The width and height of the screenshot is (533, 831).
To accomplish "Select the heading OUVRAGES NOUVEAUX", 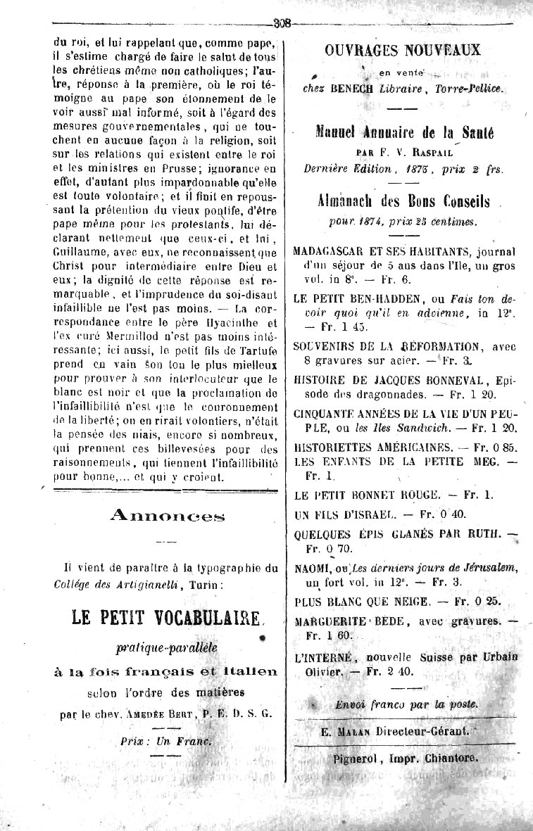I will pyautogui.click(x=403, y=50).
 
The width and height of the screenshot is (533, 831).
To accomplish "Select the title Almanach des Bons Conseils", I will pyautogui.click(x=403, y=201).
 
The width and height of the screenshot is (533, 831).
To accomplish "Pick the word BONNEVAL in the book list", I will pyautogui.click(x=453, y=380).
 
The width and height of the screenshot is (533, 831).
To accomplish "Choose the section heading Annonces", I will pyautogui.click(x=167, y=516).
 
